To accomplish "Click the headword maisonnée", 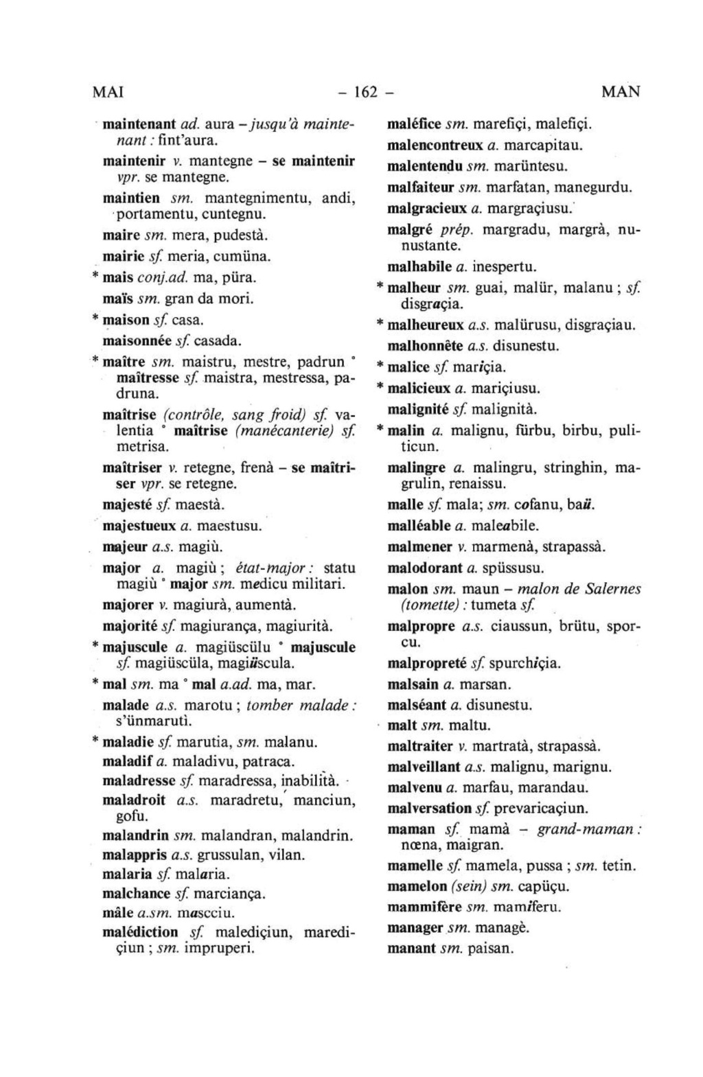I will point(136,340).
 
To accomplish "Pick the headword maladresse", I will point(139,780).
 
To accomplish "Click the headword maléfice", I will point(415,124).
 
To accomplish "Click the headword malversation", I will point(429,809).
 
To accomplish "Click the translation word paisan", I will point(490,949).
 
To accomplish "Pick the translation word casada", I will point(219,340).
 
